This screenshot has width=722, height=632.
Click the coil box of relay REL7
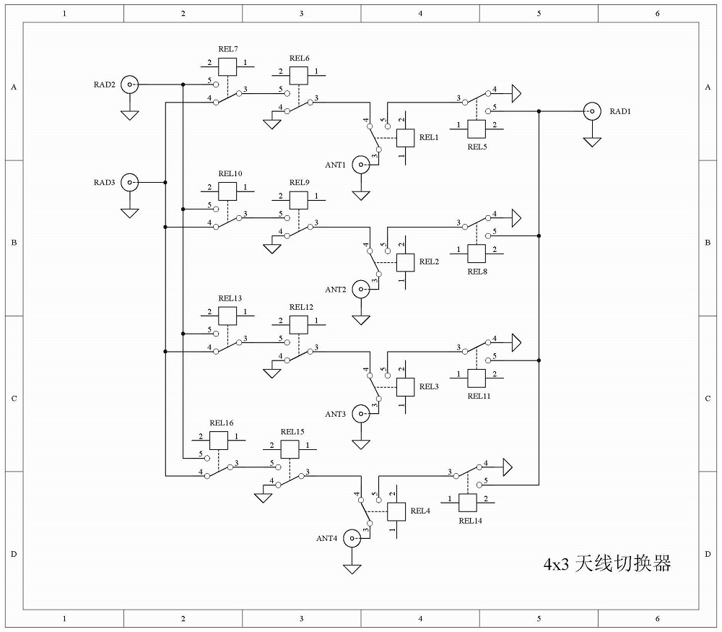click(x=227, y=66)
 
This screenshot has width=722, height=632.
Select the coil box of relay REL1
click(x=406, y=138)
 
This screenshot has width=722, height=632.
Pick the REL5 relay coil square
click(x=477, y=129)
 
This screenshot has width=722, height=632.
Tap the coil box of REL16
click(x=219, y=441)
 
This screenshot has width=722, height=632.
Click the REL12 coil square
click(x=299, y=325)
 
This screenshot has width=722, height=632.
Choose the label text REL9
click(x=300, y=183)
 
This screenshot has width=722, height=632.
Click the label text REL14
click(x=470, y=521)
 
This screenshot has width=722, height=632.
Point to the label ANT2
click(x=335, y=290)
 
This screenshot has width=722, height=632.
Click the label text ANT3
click(x=335, y=414)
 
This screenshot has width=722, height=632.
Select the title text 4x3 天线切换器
click(x=607, y=563)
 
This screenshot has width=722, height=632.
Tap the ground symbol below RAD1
click(x=592, y=142)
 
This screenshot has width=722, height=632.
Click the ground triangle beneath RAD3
click(x=130, y=213)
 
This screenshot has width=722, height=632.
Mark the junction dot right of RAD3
click(x=165, y=183)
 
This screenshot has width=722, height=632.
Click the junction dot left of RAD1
click(x=539, y=111)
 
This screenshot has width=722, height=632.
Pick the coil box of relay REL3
click(x=406, y=387)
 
